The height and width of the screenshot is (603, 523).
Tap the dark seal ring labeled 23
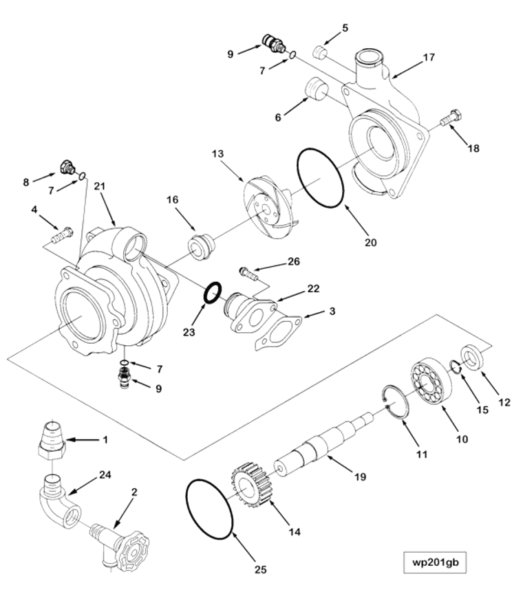point(212,292)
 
